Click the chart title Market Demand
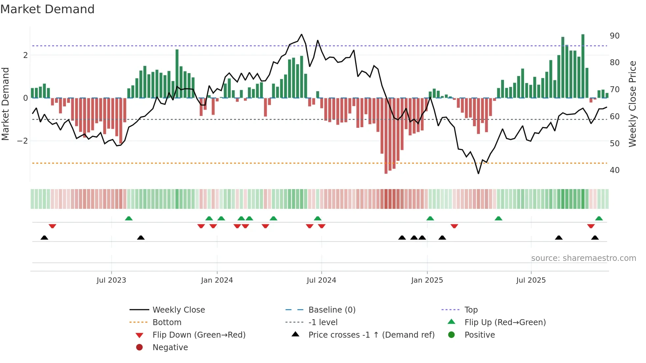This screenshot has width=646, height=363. tap(47, 9)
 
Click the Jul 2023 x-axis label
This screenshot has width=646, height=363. tap(111, 280)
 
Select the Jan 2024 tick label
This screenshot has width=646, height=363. tap(217, 280)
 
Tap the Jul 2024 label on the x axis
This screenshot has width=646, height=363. tap(321, 280)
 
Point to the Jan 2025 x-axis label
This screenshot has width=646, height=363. tap(427, 280)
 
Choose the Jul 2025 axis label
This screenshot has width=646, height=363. tap(531, 280)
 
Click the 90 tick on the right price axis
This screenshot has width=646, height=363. tap(615, 36)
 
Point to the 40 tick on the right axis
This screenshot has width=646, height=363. tap(615, 170)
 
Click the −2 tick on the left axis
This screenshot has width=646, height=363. tap(22, 141)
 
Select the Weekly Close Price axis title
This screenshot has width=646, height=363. tap(632, 104)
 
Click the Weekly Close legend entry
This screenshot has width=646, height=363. tap(179, 310)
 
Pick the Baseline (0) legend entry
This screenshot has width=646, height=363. tap(332, 310)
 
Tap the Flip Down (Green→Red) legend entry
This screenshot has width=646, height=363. tap(199, 335)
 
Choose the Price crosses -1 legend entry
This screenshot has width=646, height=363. tap(371, 335)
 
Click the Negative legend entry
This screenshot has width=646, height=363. tap(170, 348)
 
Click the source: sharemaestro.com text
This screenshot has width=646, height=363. tap(583, 258)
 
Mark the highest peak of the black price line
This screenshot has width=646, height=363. tap(301, 34)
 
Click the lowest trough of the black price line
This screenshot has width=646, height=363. tap(478, 173)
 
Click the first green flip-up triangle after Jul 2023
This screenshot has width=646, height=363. tap(129, 218)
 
